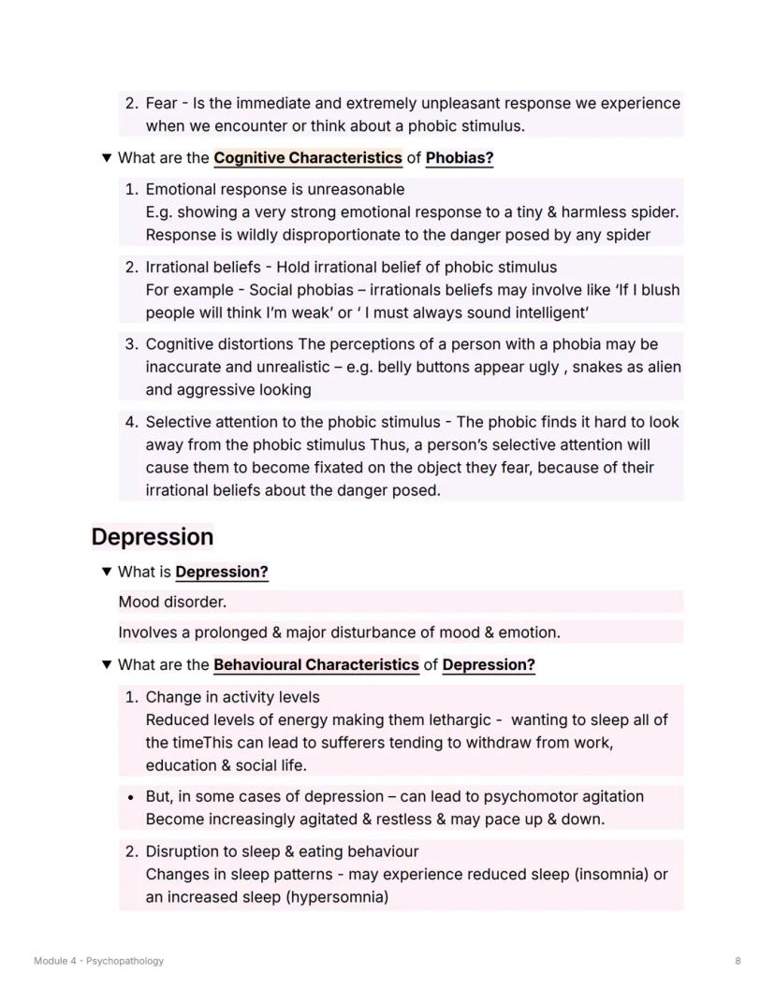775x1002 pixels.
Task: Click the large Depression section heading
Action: [x=153, y=537]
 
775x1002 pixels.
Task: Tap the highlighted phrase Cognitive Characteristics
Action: [x=307, y=158]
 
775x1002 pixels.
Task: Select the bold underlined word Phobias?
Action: [x=460, y=158]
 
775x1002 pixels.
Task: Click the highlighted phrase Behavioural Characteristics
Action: [x=315, y=665]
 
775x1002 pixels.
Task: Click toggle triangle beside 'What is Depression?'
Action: [x=106, y=572]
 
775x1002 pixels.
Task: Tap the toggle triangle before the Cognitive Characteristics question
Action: [x=106, y=158]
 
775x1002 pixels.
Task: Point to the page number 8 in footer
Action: [x=738, y=961]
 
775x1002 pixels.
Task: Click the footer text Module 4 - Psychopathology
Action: [x=98, y=961]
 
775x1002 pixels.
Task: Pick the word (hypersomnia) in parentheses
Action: [x=337, y=897]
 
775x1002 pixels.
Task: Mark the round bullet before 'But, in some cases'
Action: [x=131, y=798]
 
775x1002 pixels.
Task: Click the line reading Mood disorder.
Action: [x=172, y=603]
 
